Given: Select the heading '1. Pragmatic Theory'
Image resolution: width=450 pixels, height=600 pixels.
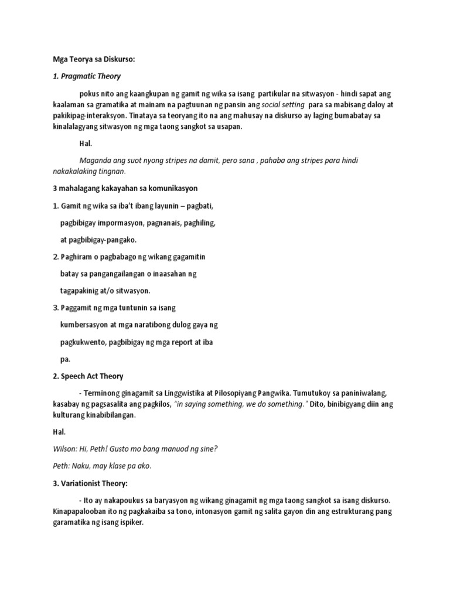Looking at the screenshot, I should tap(87, 76).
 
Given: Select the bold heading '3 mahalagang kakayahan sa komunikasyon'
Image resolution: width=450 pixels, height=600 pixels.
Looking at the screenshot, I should tap(125, 189).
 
